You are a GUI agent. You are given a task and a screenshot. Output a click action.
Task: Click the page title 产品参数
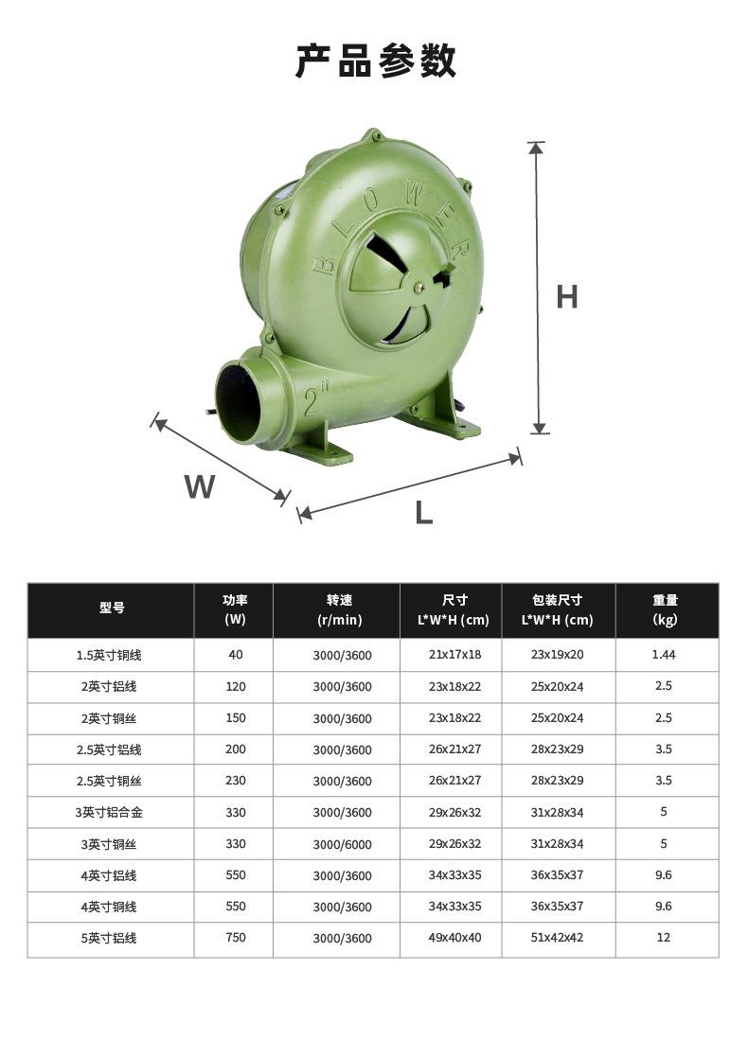click(376, 61)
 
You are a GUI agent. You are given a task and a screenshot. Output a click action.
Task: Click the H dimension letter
click(567, 296)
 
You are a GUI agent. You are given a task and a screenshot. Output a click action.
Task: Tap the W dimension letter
click(200, 486)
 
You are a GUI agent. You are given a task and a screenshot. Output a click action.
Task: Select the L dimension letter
click(423, 513)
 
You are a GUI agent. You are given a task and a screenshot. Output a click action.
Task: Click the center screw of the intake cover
click(419, 288)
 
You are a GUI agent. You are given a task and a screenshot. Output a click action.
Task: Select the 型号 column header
click(112, 608)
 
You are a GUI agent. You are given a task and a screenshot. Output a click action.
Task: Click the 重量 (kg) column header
click(665, 609)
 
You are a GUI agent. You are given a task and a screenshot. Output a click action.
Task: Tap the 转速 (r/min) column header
click(340, 609)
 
